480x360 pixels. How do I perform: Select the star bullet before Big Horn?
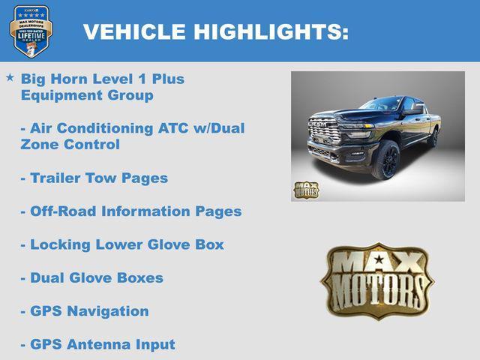point(10,77)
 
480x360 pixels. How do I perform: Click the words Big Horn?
point(49,79)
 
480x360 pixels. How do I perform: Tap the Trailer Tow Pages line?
point(94,178)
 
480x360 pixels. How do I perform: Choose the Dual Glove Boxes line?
point(91,277)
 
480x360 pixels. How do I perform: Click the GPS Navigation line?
point(84,310)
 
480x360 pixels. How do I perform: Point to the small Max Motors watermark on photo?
point(305,189)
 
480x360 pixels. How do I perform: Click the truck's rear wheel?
point(433,136)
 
